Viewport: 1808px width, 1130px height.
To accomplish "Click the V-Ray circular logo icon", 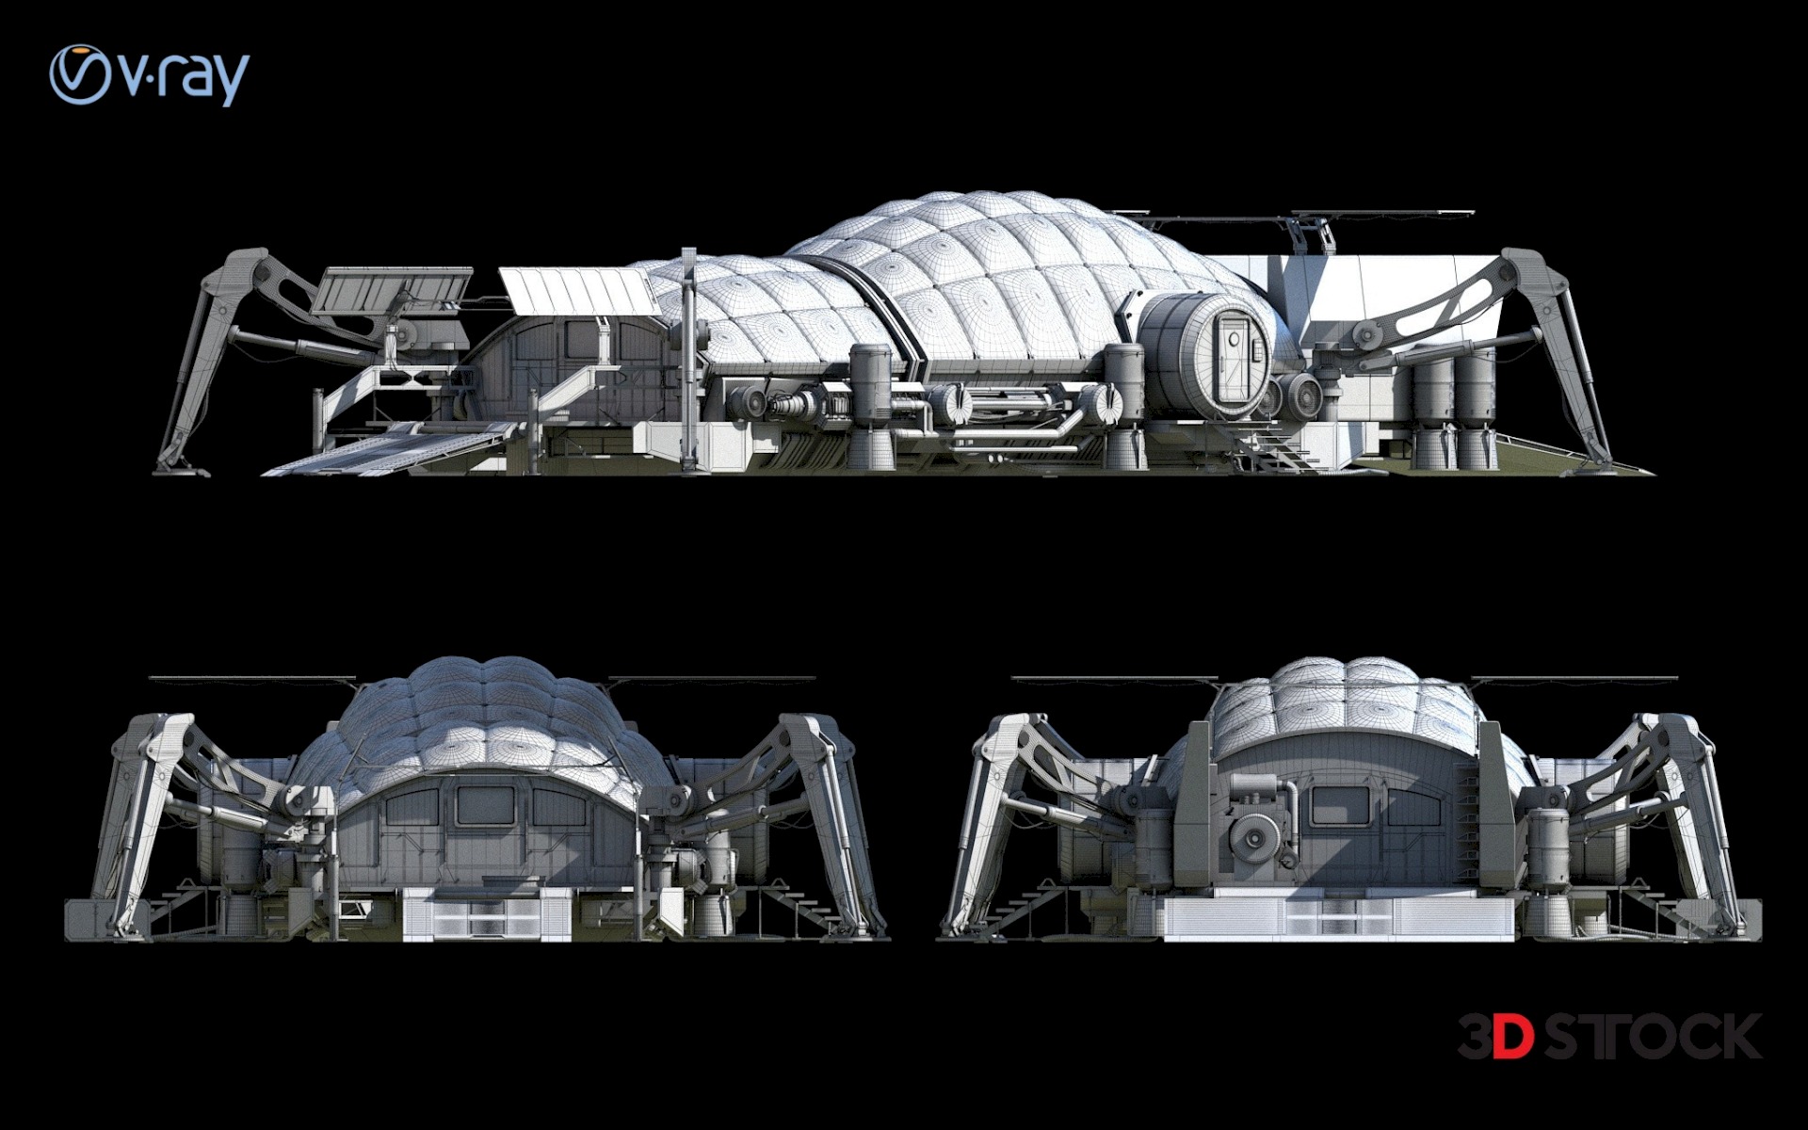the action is pos(81,74).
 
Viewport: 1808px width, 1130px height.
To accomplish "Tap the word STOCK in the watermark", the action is pos(1653,1037).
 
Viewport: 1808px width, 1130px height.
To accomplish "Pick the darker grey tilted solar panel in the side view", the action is pos(392,291).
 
